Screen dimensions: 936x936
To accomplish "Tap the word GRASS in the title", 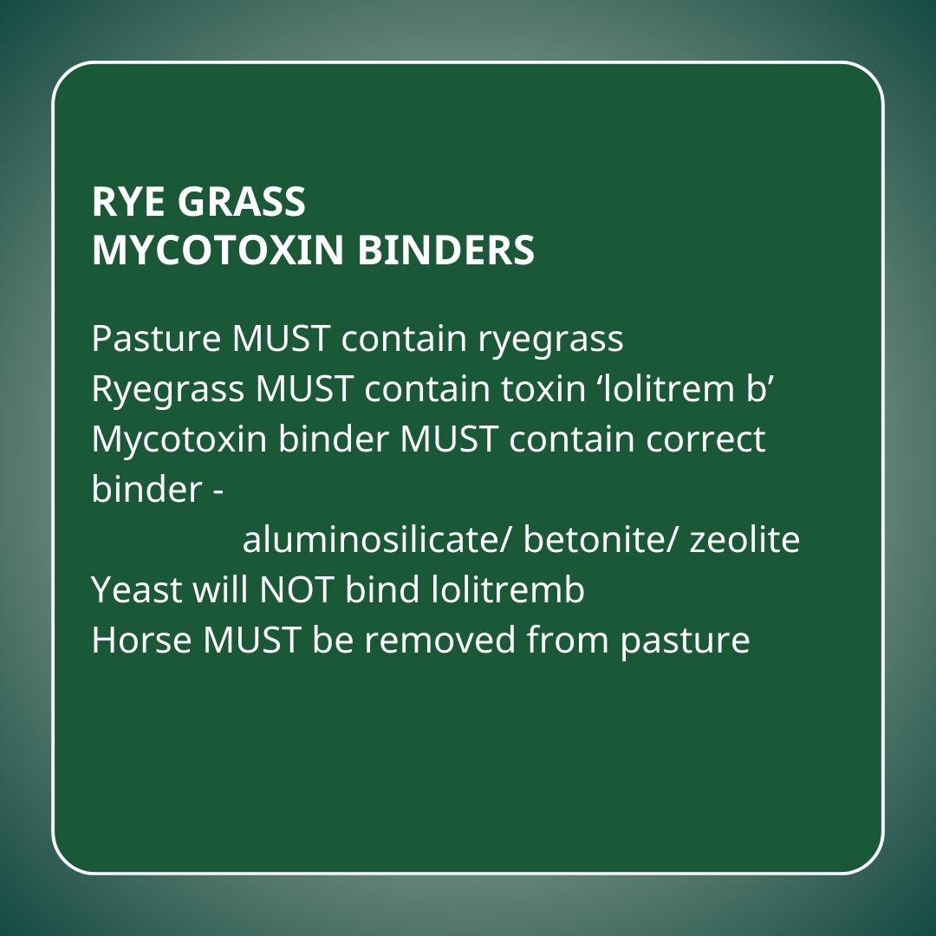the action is click(x=242, y=201).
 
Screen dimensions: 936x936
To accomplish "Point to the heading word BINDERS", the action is click(x=446, y=250).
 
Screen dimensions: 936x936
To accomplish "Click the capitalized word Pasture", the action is click(x=156, y=339).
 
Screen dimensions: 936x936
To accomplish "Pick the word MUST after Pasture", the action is click(x=281, y=339).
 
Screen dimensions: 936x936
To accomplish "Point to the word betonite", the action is click(x=601, y=539).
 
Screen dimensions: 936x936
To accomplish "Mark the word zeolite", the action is click(x=744, y=539).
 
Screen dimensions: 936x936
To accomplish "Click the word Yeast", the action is click(x=137, y=590).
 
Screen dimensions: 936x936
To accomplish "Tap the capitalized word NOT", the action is click(x=296, y=590).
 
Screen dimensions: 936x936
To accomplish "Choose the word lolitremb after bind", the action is click(x=507, y=589).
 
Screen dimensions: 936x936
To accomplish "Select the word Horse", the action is click(x=141, y=640).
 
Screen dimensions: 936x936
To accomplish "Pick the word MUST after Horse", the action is click(x=251, y=640).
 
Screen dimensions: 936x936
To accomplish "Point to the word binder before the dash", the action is click(x=146, y=489).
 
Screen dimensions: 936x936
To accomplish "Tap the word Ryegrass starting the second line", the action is click(x=168, y=390).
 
